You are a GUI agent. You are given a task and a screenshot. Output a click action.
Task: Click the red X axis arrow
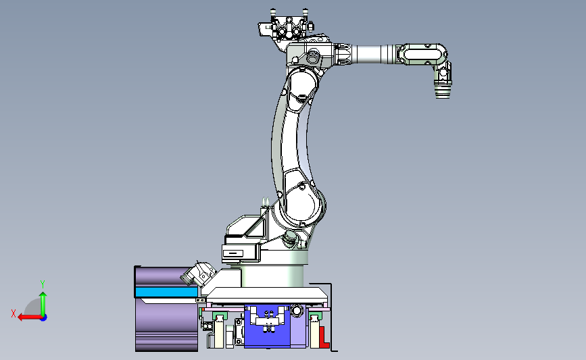30,317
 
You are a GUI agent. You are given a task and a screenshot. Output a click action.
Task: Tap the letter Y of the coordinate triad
43,284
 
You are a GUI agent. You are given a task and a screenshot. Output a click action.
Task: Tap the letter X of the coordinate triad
14,313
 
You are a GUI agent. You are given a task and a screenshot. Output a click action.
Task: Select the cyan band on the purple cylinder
166,292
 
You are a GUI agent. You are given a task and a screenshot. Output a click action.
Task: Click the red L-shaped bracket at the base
324,337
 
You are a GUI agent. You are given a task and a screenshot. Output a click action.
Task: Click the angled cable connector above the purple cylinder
198,273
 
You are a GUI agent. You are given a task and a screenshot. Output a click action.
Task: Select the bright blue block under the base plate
267,326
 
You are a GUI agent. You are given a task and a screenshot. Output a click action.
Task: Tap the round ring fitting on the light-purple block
297,310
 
